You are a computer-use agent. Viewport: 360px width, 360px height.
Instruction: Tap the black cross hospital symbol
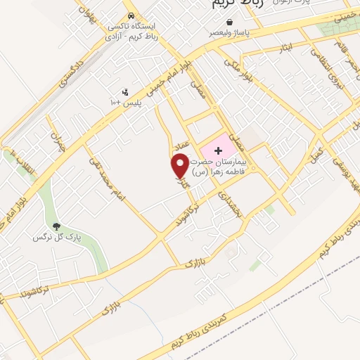pyautogui.click(x=218, y=150)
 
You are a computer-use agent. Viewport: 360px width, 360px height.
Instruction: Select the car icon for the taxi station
pyautogui.click(x=131, y=15)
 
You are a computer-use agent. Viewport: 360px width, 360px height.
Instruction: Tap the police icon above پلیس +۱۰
pyautogui.click(x=126, y=91)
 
